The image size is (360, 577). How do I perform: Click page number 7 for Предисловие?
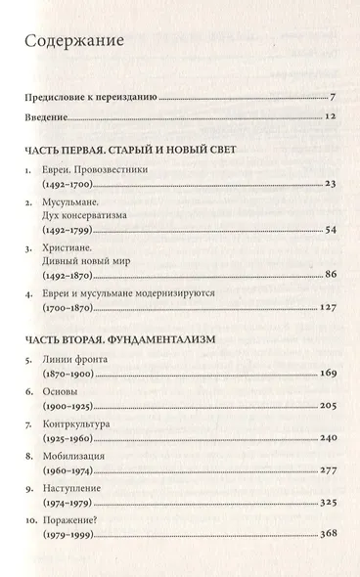[x=333, y=98]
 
